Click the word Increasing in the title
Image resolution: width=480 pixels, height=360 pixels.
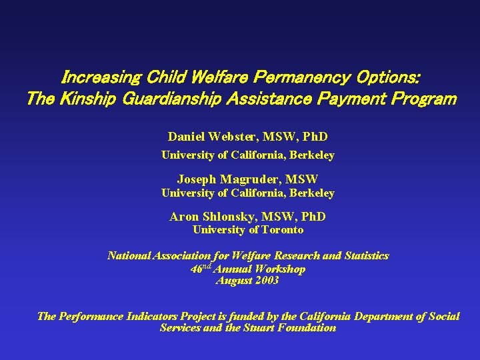pos(99,78)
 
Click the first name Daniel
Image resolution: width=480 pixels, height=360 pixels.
pos(187,137)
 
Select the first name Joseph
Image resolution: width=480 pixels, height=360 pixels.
pos(196,179)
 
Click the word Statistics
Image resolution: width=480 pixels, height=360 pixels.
pos(364,256)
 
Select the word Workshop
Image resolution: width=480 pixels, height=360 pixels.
pos(281,269)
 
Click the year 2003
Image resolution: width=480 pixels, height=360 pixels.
pos(265,281)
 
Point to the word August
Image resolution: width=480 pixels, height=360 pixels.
pos(233,281)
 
